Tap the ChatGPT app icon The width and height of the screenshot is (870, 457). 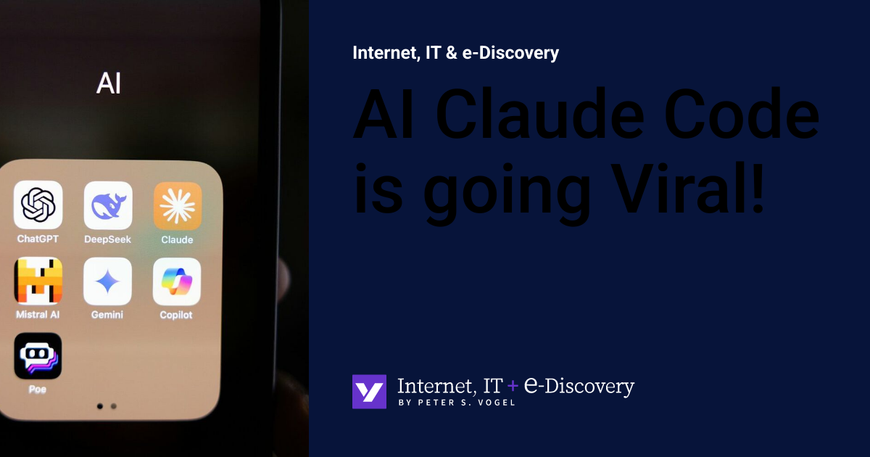point(38,205)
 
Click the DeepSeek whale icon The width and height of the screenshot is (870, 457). point(107,205)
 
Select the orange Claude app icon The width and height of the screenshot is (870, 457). point(178,205)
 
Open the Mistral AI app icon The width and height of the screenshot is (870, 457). point(38,281)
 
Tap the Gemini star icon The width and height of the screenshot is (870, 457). point(107,281)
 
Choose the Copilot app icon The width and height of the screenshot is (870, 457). point(177,281)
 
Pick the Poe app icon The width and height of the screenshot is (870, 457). point(38,356)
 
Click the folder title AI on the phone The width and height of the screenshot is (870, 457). point(109,84)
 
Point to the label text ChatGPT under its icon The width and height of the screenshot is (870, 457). point(38,239)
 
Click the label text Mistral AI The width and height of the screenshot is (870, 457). point(38,315)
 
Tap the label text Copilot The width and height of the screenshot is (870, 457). point(176,315)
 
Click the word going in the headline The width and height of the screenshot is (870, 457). point(507,190)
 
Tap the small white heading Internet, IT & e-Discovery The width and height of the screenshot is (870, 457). point(455,53)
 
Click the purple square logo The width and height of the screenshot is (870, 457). point(369,392)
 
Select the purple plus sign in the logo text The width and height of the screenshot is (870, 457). point(513,387)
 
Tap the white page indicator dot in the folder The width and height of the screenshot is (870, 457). point(99,406)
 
